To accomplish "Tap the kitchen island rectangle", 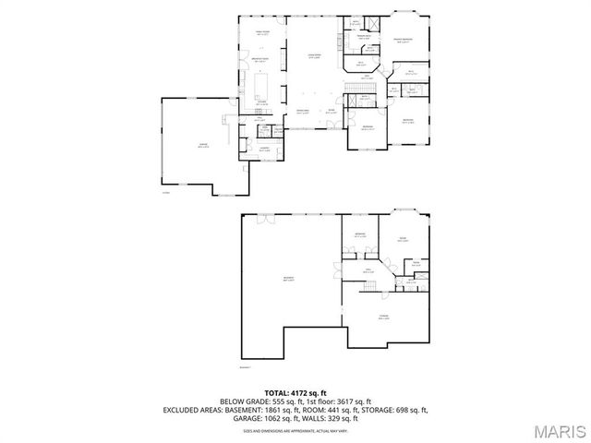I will pos(261,85).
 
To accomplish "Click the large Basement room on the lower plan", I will pos(288,281).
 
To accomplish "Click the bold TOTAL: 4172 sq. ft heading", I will pos(295,393).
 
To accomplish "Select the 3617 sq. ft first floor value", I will pos(351,401).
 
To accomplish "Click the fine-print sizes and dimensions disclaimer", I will pos(295,430).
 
